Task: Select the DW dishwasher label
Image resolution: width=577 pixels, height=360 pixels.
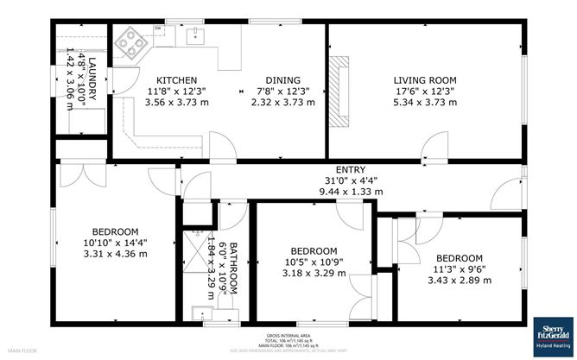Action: (x=158, y=28)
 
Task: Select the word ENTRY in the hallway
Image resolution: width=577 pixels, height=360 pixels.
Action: (x=352, y=169)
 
